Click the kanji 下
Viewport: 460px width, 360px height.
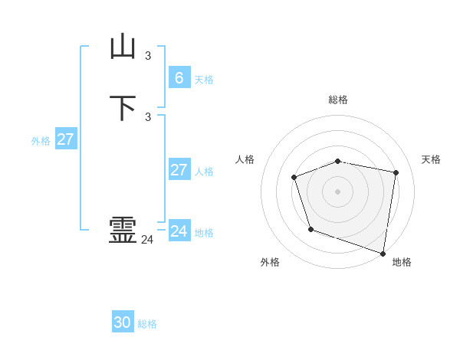(x=123, y=108)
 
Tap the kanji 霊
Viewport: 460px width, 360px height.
(x=123, y=231)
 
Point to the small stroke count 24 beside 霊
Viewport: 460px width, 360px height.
(x=147, y=240)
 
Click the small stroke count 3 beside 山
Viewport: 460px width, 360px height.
(x=148, y=55)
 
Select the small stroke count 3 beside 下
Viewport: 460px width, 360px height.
(x=148, y=116)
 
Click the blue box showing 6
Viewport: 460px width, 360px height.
(x=179, y=78)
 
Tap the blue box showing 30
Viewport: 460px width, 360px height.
(x=123, y=322)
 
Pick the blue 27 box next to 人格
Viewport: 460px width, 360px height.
(x=179, y=170)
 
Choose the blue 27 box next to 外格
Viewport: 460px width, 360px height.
(x=65, y=139)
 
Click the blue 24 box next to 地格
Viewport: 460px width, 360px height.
(x=179, y=231)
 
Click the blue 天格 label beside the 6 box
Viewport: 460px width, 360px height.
(x=204, y=80)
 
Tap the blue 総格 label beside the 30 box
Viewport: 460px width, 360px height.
(x=147, y=324)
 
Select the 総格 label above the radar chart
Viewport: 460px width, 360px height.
(x=338, y=100)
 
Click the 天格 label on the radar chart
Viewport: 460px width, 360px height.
(x=431, y=159)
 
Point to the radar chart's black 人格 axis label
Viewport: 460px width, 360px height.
(x=245, y=159)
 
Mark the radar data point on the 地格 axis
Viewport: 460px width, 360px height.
(x=383, y=252)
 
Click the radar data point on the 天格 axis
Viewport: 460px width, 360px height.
(x=396, y=172)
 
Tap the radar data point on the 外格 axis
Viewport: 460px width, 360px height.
(x=310, y=229)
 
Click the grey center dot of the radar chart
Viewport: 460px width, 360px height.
(x=338, y=191)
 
